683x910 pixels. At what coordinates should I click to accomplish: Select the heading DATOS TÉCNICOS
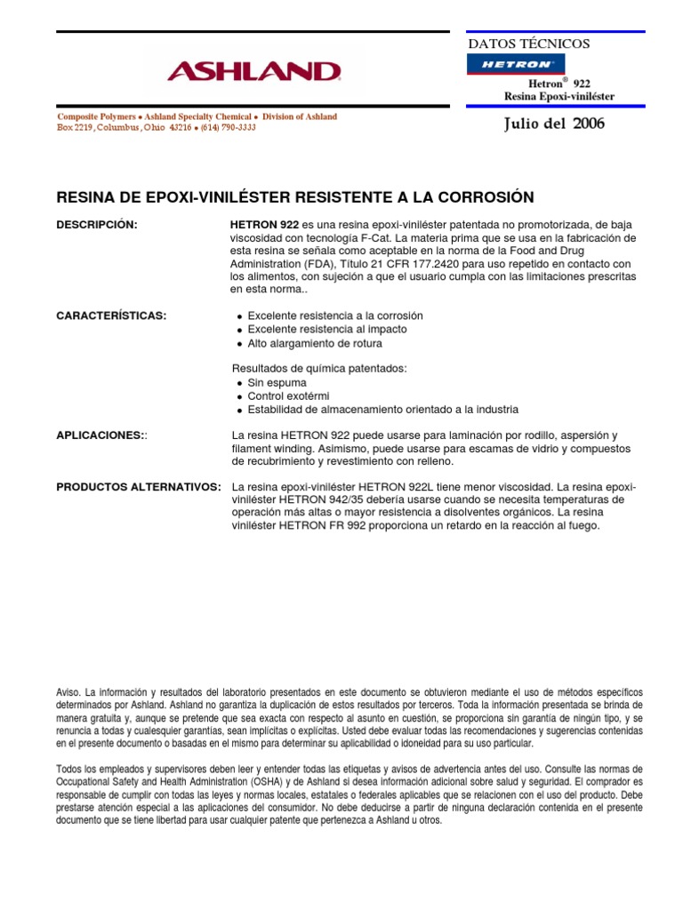(x=528, y=44)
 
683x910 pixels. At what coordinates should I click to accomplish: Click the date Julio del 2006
(x=553, y=124)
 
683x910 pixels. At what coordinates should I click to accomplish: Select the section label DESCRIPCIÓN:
(x=97, y=225)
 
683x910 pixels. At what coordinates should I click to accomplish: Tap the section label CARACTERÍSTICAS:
(x=111, y=316)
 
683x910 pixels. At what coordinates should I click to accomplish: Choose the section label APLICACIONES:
(x=102, y=435)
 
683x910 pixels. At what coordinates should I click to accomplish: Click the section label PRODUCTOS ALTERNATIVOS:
(x=139, y=488)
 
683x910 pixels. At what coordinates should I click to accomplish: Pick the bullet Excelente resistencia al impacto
(x=327, y=330)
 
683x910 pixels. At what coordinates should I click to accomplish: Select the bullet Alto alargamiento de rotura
(x=315, y=343)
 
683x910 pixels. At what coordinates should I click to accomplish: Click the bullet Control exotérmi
(x=289, y=396)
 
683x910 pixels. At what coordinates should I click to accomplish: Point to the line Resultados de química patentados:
(x=319, y=368)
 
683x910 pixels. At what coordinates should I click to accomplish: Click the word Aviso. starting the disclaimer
(x=68, y=691)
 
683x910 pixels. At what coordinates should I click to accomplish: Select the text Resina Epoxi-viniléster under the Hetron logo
(x=558, y=96)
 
